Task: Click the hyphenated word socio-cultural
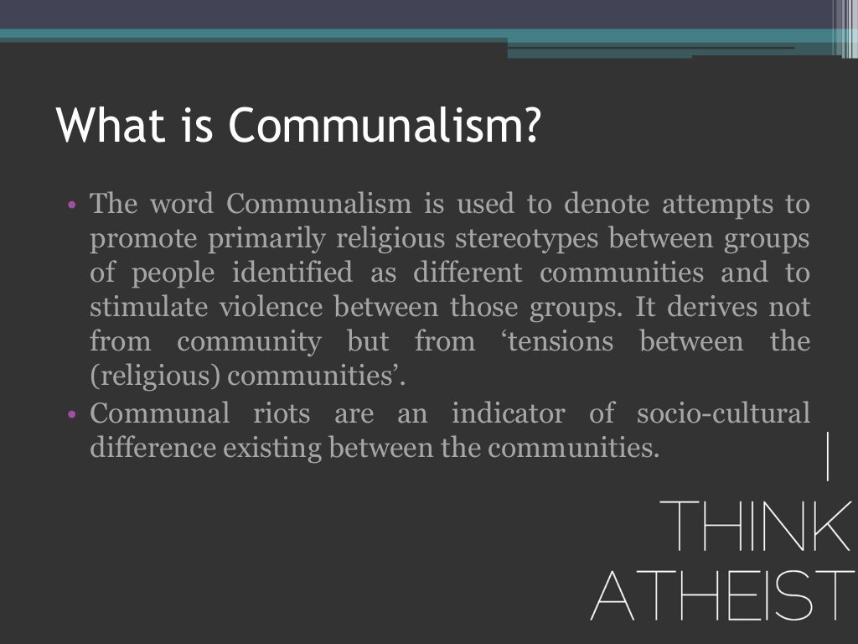[x=724, y=413]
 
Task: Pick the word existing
[x=272, y=448]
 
